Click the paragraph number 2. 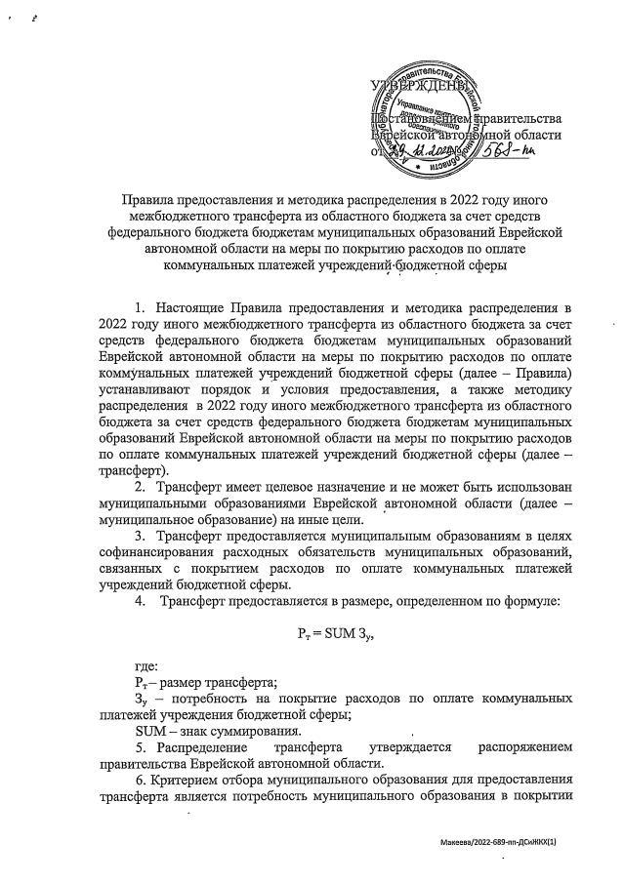click(139, 487)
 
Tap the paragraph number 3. click(139, 538)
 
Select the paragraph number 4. click(140, 603)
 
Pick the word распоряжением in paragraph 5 click(524, 747)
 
